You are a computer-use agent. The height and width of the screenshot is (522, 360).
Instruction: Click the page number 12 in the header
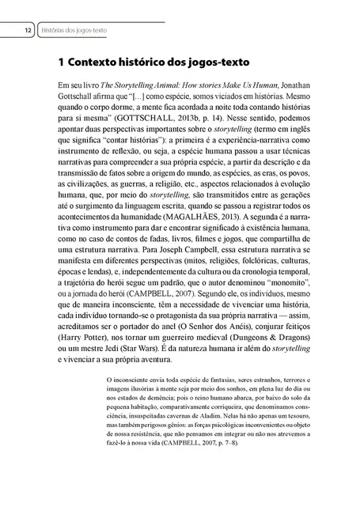(x=27, y=30)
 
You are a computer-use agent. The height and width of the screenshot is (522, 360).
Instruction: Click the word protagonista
(x=181, y=312)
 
